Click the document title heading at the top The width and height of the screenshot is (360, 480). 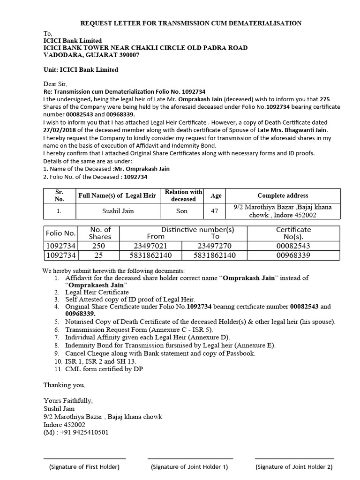tap(191, 23)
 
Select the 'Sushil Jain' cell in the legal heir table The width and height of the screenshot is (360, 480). tap(118, 211)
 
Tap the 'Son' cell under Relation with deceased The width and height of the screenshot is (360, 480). tap(182, 211)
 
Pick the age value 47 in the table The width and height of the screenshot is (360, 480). tap(215, 211)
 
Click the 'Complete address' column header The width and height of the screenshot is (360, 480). tap(283, 195)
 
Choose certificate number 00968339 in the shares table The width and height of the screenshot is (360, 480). tap(293, 255)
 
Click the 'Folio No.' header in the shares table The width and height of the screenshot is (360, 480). tap(60, 233)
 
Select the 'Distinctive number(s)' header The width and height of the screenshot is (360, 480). tap(197, 230)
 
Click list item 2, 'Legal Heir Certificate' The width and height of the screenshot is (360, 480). tap(97, 292)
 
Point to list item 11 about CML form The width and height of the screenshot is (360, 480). tap(104, 369)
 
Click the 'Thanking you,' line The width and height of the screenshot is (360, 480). tap(65, 385)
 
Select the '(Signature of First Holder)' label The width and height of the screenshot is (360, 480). tap(84, 467)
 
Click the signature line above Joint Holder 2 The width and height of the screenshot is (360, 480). tap(294, 458)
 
